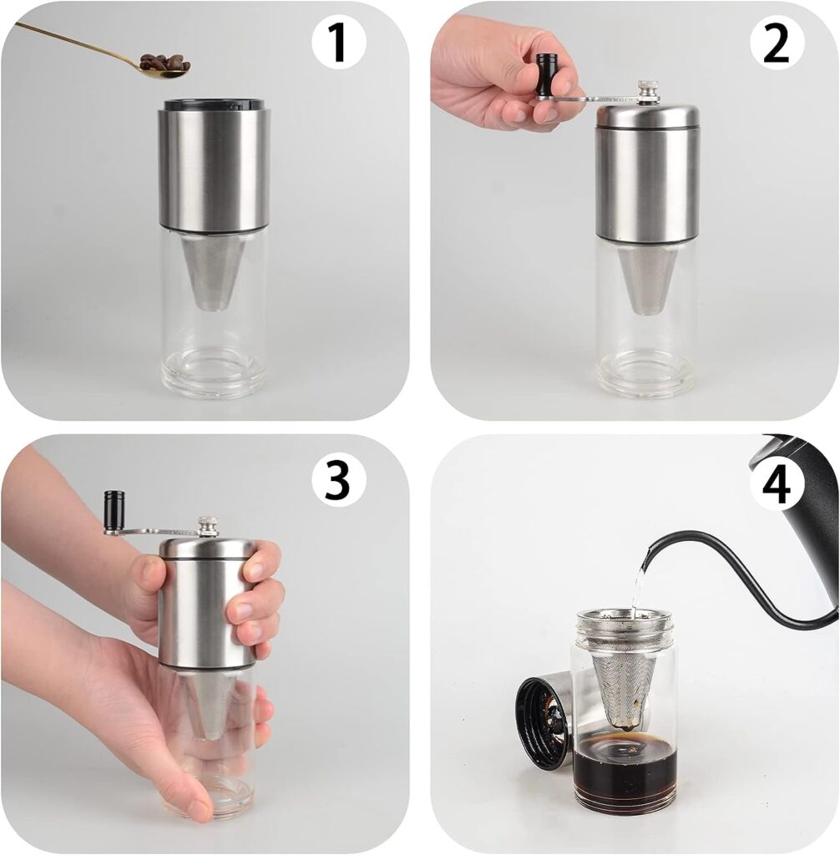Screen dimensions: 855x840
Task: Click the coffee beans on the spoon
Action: tap(164, 63)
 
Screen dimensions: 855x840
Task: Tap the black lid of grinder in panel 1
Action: tap(214, 105)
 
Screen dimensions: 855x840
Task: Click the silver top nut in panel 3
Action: tap(208, 526)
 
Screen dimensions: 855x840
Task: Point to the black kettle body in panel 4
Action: tap(806, 501)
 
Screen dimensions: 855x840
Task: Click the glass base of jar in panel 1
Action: tap(214, 372)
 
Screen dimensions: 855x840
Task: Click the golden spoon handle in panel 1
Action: tap(75, 43)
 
